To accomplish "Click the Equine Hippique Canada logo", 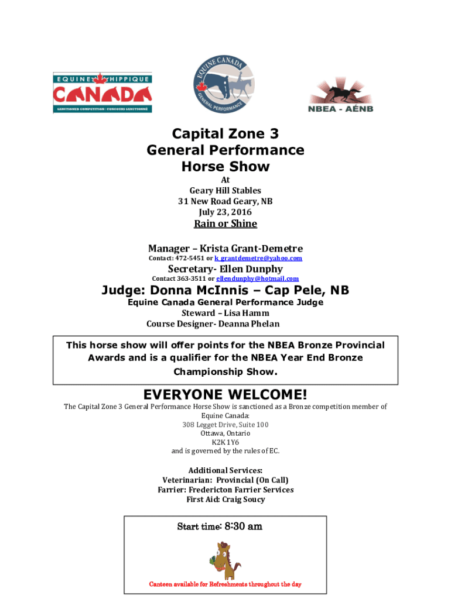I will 102,92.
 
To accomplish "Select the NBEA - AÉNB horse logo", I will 340,94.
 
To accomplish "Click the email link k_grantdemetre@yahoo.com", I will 258,258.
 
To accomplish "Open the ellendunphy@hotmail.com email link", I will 258,278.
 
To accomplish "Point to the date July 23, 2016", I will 225,212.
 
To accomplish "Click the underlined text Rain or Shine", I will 225,223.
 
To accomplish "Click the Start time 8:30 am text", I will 220,526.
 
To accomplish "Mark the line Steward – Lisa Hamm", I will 225,313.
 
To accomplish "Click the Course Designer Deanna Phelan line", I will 213,323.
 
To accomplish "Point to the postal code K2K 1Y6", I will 225,442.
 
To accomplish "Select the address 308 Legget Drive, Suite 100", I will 225,425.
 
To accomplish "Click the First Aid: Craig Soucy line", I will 225,500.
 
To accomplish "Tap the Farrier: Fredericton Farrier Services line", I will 225,490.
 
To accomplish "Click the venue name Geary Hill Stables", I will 225,190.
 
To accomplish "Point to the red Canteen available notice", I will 225,584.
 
